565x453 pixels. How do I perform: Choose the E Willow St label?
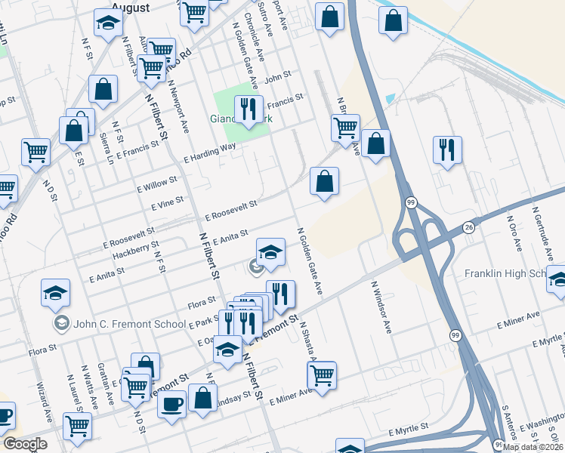(x=156, y=183)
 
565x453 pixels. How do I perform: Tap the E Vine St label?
(x=168, y=205)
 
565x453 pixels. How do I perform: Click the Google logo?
(x=25, y=444)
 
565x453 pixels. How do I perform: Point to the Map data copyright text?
(x=533, y=447)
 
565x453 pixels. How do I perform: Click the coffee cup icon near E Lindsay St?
(x=171, y=404)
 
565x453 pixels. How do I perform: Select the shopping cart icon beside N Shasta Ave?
(x=322, y=375)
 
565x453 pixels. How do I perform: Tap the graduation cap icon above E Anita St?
(x=270, y=252)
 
